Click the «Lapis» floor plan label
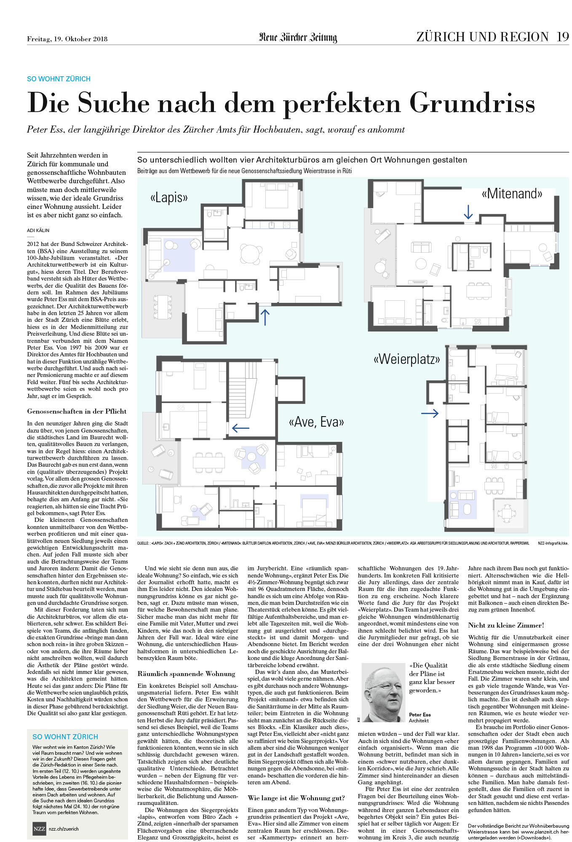pos(169,197)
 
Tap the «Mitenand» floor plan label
pos(512,193)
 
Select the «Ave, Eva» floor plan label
pos(316,422)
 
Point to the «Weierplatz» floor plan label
pos(406,359)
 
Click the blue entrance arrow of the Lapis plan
pos(265,317)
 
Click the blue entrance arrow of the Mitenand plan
pos(468,212)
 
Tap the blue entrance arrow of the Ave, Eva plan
pos(241,428)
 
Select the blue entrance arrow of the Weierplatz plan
pos(430,413)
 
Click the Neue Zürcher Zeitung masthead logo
pos(298,37)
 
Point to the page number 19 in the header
pos(562,37)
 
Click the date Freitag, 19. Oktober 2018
pos(67,39)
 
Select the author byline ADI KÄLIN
pos(38,230)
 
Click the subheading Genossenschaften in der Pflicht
pos(77,412)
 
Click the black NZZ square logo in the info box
pos(39,829)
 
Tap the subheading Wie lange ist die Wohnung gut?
pos(296,798)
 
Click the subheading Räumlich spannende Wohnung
pos(186,674)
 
